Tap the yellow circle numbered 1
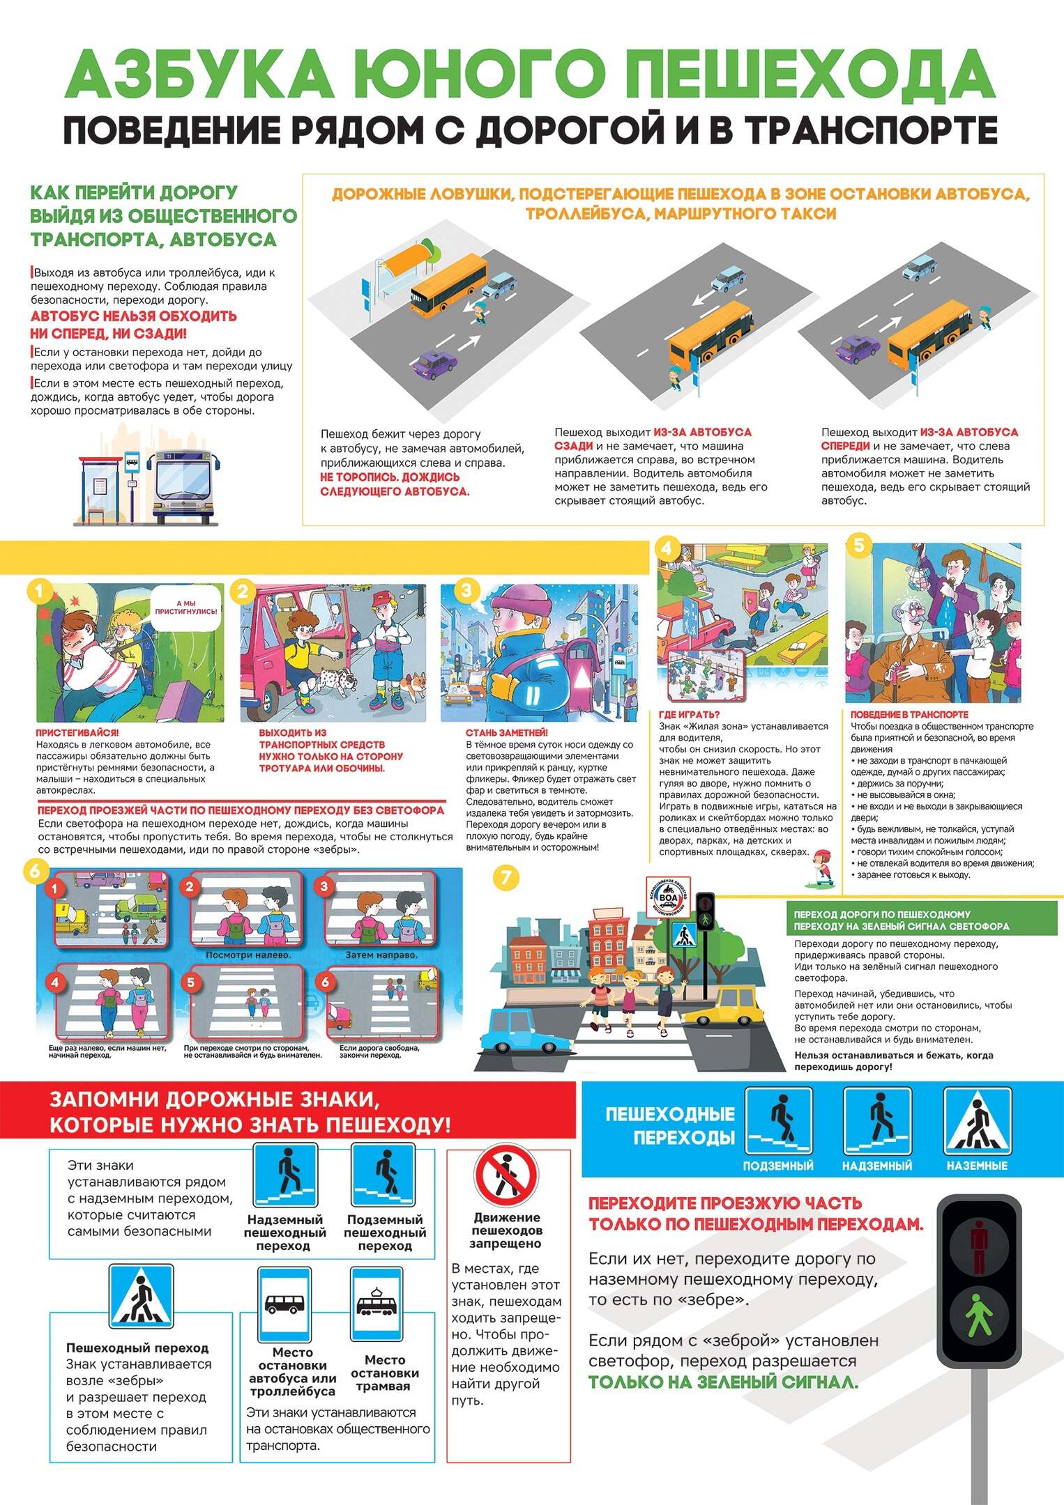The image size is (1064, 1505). click(x=40, y=592)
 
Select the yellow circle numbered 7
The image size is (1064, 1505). click(x=506, y=877)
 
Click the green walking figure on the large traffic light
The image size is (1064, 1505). click(x=979, y=1314)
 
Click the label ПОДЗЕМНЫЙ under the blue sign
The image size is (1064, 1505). click(x=778, y=1166)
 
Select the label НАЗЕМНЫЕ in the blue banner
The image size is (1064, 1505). click(x=977, y=1166)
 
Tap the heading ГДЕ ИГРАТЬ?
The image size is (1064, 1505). click(x=690, y=714)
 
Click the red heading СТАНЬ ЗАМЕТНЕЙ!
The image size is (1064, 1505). click(x=507, y=732)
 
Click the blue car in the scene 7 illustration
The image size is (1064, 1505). click(x=520, y=1032)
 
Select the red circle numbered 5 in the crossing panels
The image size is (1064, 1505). click(x=190, y=982)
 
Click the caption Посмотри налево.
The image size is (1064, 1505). click(x=248, y=955)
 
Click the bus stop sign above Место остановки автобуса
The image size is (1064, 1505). click(x=284, y=1305)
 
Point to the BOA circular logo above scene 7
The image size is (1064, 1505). click(x=668, y=897)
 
